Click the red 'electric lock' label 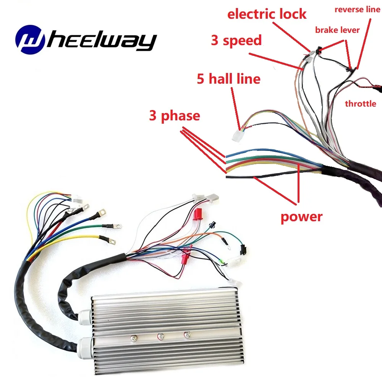point(267,14)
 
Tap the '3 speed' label point(236,40)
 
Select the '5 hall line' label point(228,79)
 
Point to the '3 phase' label point(174,115)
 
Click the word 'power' point(301,217)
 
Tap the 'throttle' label point(360,104)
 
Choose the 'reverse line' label point(357,10)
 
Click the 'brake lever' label point(337,30)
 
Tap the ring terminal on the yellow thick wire point(112,241)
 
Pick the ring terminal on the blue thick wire point(102,211)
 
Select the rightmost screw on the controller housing point(187,335)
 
